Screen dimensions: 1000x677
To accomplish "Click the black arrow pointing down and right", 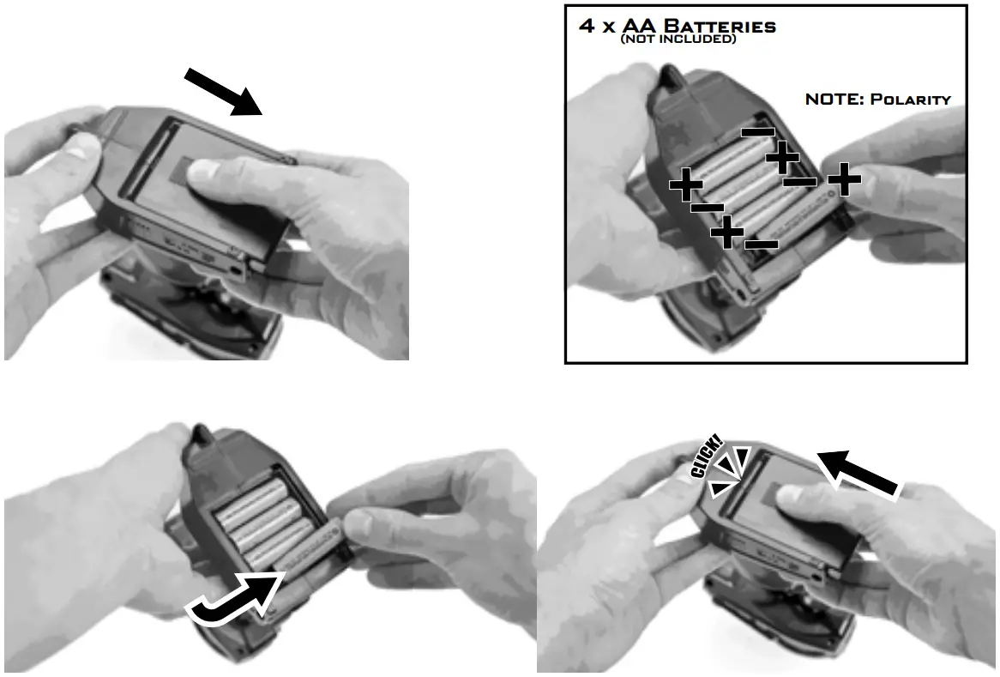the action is (223, 92).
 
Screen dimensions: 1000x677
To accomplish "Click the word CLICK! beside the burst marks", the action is (707, 456).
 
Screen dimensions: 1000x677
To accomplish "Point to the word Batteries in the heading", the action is (720, 26).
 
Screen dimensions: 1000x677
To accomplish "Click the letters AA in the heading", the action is (640, 26).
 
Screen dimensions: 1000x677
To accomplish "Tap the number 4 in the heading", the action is (586, 26).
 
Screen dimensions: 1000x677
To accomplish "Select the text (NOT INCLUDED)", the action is (678, 39).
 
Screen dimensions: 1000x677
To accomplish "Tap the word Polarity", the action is (911, 100).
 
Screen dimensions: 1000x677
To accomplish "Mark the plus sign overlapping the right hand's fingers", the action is (845, 179).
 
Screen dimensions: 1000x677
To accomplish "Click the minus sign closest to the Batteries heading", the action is (757, 133).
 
